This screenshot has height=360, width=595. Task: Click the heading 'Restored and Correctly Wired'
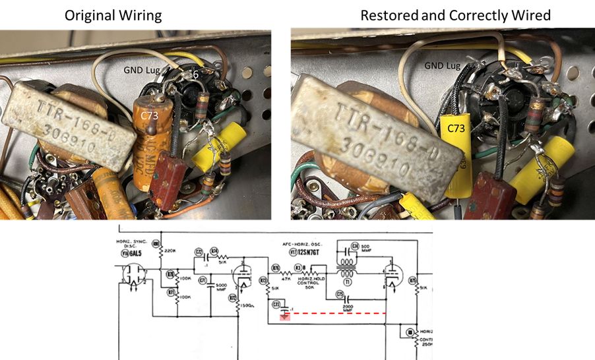[455, 15]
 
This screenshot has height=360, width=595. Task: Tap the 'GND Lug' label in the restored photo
[443, 66]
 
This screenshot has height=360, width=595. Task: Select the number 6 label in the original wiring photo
[195, 76]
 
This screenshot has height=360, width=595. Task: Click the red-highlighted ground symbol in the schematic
[284, 316]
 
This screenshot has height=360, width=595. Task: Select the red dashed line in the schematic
[336, 315]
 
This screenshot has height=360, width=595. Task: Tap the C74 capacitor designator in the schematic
[354, 246]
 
